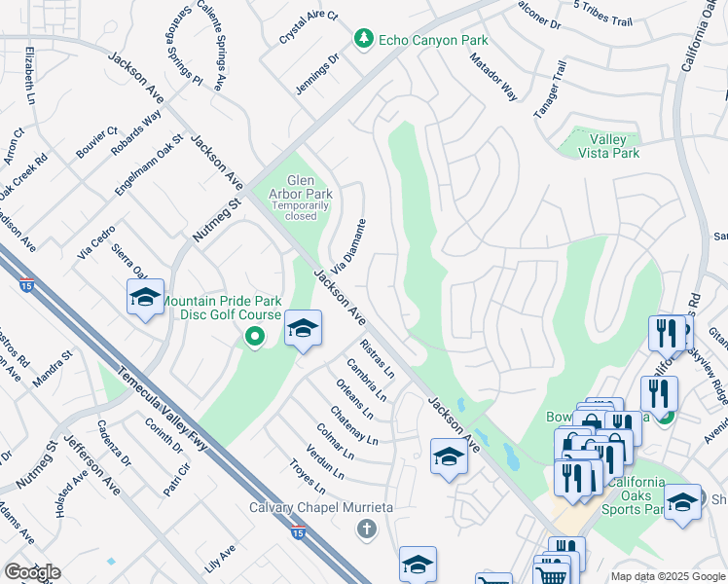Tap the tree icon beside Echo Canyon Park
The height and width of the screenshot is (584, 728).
(363, 39)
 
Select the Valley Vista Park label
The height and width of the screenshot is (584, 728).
(608, 146)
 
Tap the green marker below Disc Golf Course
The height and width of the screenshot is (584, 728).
(255, 338)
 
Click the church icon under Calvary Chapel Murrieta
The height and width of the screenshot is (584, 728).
(366, 529)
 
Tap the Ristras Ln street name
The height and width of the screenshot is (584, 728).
(377, 359)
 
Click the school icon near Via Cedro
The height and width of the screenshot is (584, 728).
(145, 297)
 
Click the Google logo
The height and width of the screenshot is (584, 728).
(31, 572)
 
